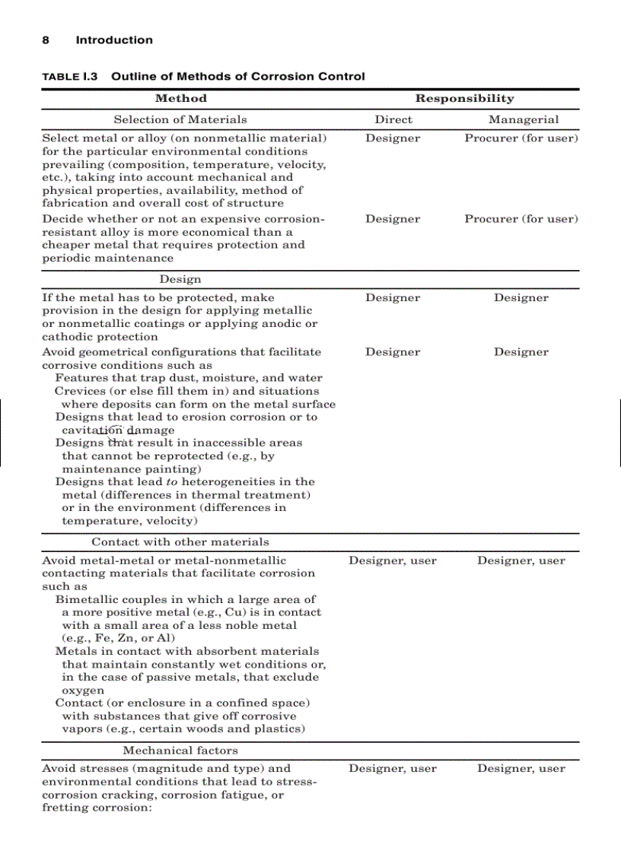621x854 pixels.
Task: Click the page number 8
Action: (46, 40)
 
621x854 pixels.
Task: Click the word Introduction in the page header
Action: (114, 40)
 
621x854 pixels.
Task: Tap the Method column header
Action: (180, 98)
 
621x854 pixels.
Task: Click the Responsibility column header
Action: (464, 98)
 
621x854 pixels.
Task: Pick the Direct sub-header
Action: (393, 119)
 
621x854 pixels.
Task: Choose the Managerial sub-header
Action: (523, 119)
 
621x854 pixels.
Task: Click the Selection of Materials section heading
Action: (180, 119)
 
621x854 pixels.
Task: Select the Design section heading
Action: (180, 279)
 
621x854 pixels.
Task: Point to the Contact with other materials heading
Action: (180, 542)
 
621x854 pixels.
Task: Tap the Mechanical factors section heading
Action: (180, 751)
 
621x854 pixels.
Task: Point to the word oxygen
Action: (83, 691)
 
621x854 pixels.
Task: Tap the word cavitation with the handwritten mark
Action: (92, 430)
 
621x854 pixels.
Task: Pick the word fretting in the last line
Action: (62, 808)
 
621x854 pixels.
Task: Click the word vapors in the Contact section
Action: (81, 729)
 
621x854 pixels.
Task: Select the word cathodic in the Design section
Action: (66, 337)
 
